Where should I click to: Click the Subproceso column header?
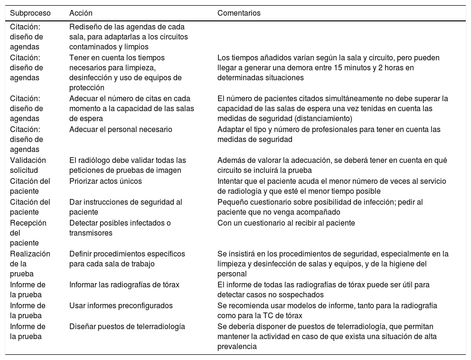30,13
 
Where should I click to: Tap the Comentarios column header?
239,13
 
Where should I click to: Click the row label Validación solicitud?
28,165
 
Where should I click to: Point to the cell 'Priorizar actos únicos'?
105,181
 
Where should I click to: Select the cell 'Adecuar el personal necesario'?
121,130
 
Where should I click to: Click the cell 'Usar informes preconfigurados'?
121,305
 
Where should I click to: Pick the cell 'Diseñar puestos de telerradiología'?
127,326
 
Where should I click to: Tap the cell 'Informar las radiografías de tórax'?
124,285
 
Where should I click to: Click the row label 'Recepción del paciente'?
28,233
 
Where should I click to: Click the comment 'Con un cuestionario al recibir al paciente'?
286,223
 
